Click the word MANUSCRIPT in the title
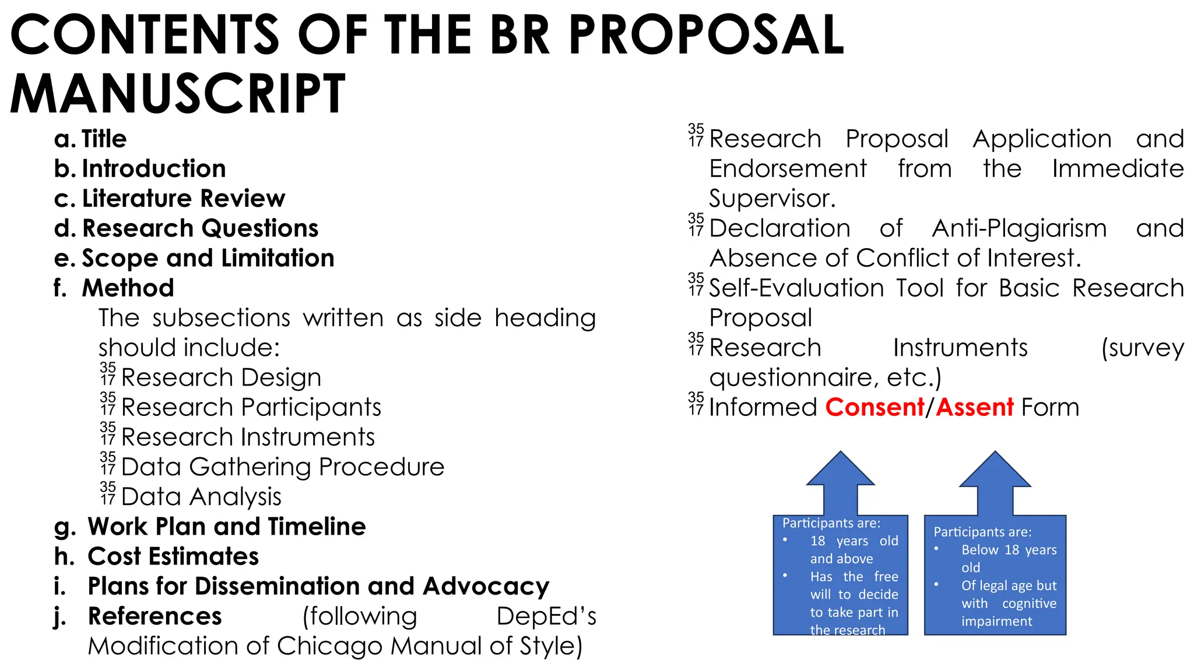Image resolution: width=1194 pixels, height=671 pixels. point(178,94)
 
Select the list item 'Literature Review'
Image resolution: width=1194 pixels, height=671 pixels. point(184,199)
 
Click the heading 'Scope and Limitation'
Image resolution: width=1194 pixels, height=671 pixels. point(208,258)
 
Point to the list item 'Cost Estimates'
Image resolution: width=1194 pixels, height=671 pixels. point(173,556)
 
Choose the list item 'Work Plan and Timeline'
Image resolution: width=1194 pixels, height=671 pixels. point(227,527)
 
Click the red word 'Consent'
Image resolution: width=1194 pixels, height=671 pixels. point(875,407)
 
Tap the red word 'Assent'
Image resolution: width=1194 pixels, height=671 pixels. point(975,407)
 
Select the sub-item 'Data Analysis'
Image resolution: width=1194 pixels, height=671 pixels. point(201,497)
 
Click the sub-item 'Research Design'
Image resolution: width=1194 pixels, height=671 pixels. point(221,377)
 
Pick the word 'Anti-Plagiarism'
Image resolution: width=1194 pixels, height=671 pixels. point(1019,228)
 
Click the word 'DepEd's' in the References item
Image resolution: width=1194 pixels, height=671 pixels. point(546,616)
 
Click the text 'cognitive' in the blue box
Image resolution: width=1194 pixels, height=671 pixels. point(1029,603)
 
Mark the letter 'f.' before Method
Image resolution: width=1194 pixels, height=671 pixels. point(60,288)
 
